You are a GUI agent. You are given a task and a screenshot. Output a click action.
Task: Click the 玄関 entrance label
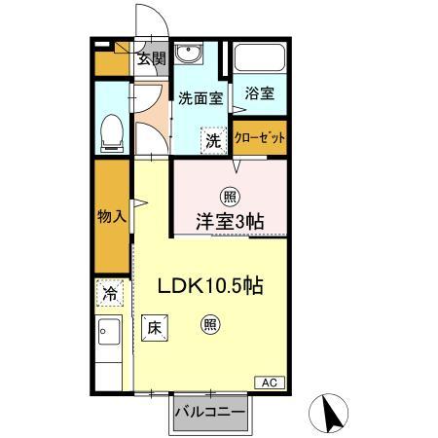coord(150,58)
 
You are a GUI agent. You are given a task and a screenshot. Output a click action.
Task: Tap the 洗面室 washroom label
coord(201,97)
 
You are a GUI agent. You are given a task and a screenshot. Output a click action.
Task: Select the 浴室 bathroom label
coord(260,94)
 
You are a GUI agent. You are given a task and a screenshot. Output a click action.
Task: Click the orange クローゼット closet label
coord(261,137)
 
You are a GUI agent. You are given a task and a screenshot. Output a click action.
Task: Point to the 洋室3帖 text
coord(232,220)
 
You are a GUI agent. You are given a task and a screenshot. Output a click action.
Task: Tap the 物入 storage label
coord(112,216)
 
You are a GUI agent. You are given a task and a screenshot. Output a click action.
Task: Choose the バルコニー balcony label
coord(209,412)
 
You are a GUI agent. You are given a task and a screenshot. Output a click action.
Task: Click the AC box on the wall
coord(272,383)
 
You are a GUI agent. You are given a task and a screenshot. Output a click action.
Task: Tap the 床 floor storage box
coord(154,328)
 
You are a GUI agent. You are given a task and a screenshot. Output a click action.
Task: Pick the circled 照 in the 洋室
coord(231,193)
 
